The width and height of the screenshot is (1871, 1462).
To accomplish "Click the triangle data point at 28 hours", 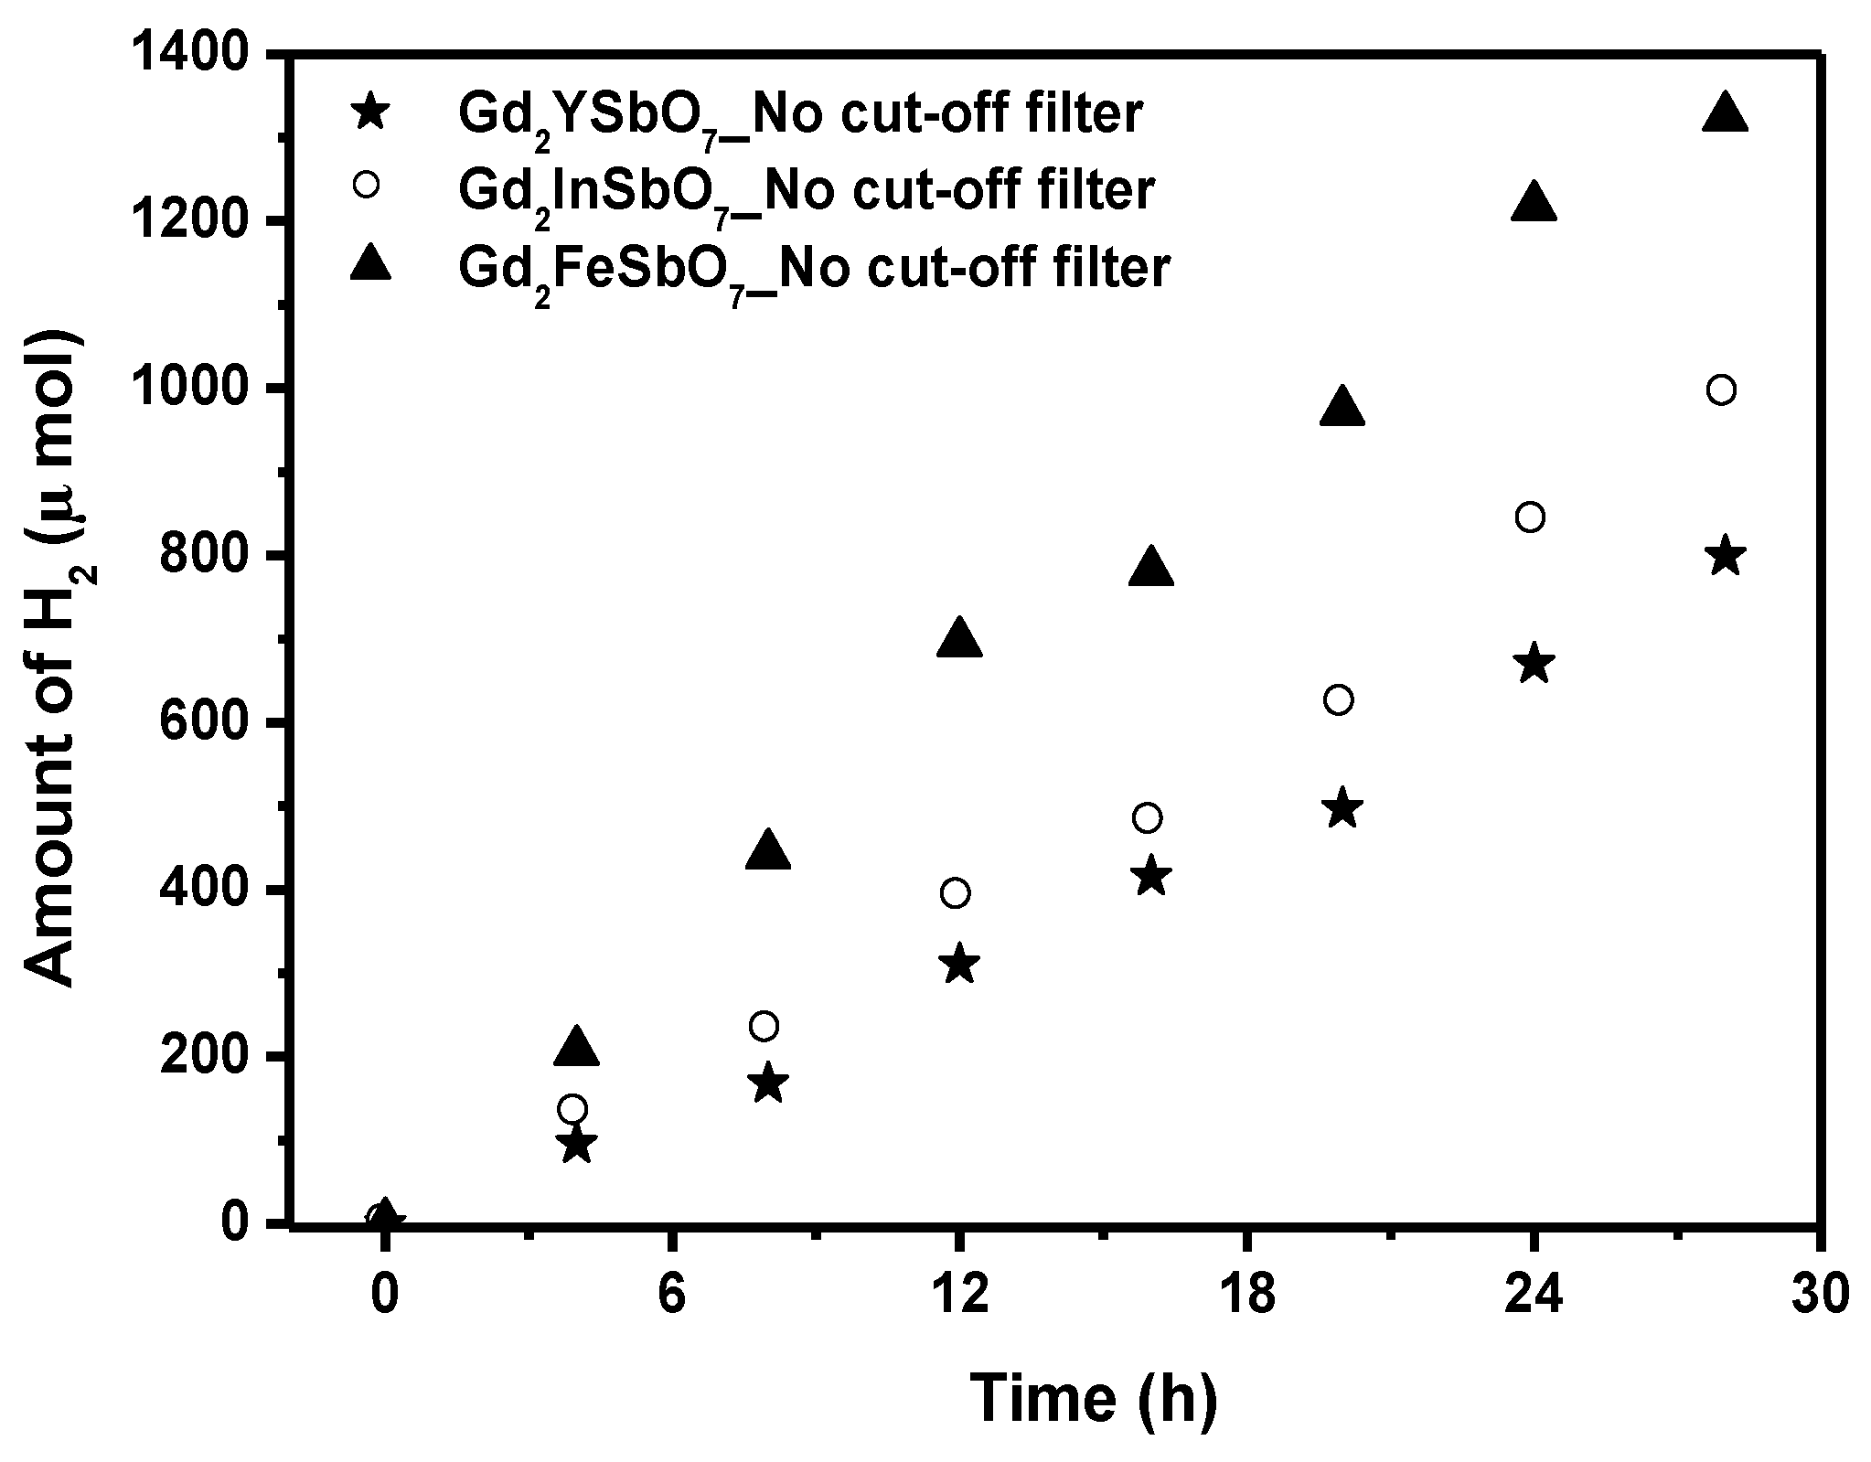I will coord(1725,114).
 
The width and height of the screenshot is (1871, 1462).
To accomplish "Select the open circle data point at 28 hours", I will coord(1720,390).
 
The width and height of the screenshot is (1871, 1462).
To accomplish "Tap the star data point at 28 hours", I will coord(1725,556).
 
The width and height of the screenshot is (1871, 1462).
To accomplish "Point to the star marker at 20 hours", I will coord(1342,808).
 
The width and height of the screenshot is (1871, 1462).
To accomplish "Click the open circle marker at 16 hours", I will coord(1147,818).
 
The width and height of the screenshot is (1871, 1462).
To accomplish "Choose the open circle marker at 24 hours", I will coord(1530,518).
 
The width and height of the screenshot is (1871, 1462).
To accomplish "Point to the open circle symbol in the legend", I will coord(367,184).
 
